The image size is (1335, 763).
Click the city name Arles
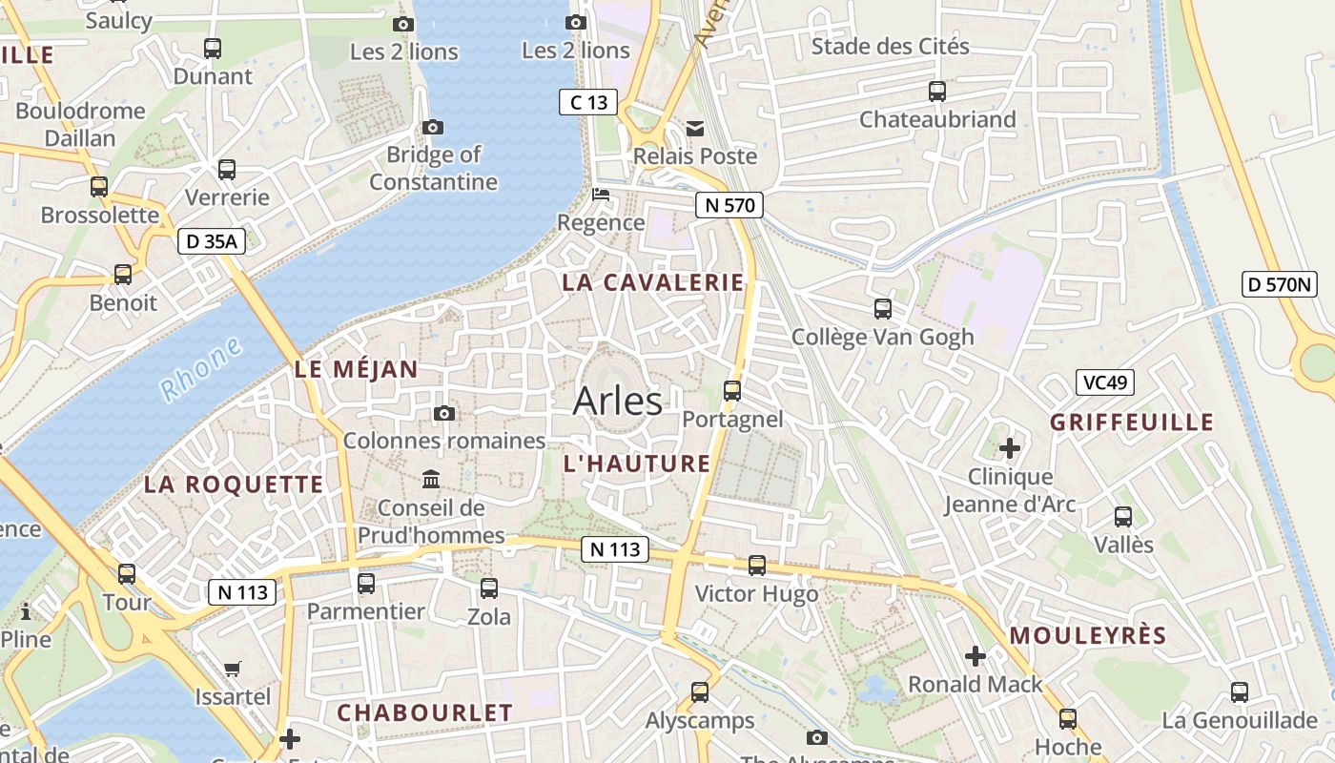[x=617, y=401]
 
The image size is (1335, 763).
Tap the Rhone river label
[x=200, y=370]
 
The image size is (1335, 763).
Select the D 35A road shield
[x=212, y=241]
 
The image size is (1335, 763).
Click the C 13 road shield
[x=588, y=102]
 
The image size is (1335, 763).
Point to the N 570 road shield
[x=729, y=204]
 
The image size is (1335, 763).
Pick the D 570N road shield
[x=1280, y=283]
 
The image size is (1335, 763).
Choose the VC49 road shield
[x=1105, y=382]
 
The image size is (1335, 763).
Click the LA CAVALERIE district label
[x=652, y=282]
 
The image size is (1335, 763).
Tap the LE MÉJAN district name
[x=356, y=369]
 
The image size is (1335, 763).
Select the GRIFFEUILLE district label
[x=1132, y=422]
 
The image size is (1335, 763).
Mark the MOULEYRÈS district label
[x=1088, y=635]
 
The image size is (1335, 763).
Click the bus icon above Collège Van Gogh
[x=883, y=309]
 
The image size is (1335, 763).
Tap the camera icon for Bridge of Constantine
[x=433, y=127]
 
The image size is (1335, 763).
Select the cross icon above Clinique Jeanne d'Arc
[x=1010, y=447]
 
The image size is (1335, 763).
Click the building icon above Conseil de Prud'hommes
[x=431, y=479]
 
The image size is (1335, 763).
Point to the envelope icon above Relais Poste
[x=695, y=128]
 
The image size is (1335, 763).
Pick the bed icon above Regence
[x=601, y=195]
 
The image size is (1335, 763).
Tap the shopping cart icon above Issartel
[x=233, y=669]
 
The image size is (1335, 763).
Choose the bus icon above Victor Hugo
[x=757, y=566]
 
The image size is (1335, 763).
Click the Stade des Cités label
[x=890, y=46]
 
